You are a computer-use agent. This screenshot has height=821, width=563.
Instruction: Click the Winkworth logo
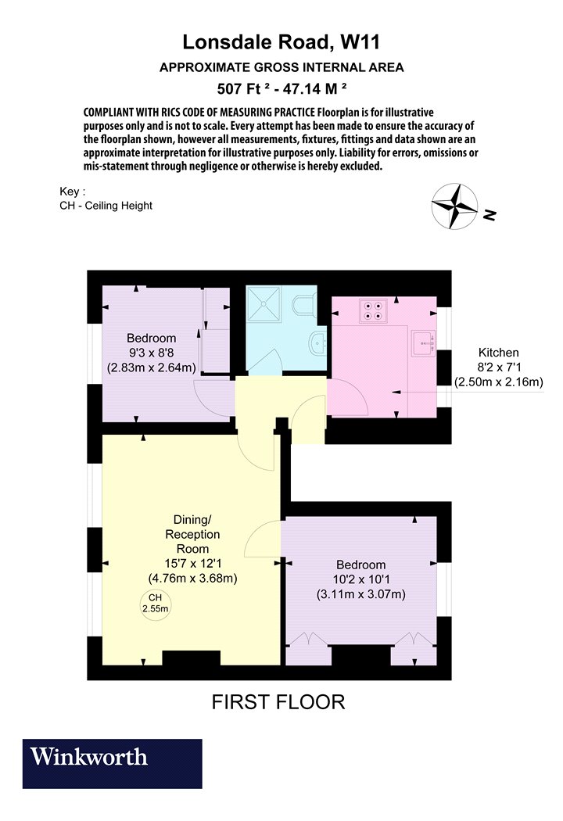point(112,763)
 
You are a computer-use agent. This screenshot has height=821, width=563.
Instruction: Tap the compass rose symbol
point(454,206)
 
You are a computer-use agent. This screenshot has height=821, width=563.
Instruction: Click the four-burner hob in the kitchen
point(373,310)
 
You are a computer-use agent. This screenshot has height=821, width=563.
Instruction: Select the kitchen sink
point(424,343)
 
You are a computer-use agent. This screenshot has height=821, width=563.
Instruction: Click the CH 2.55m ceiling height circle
point(156,603)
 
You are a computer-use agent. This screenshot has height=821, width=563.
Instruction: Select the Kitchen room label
point(499,353)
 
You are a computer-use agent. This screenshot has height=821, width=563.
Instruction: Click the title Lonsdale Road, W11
point(281,42)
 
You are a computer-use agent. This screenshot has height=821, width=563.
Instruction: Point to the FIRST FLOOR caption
point(278,701)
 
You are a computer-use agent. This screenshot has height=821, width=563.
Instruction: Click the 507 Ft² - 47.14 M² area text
point(281,88)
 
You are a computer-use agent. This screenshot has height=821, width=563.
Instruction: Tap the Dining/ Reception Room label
point(192,534)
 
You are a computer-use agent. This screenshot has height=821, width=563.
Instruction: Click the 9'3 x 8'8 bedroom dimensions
point(152,353)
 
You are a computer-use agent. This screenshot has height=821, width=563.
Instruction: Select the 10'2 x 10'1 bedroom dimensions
point(361,579)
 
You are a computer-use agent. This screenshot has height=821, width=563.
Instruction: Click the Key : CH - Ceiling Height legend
point(106,199)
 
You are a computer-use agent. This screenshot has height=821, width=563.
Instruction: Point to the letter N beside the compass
point(489,215)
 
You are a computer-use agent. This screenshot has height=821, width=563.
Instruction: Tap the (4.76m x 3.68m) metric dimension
point(192,579)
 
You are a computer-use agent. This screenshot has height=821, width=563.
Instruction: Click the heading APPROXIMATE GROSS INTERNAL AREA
point(281,67)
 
